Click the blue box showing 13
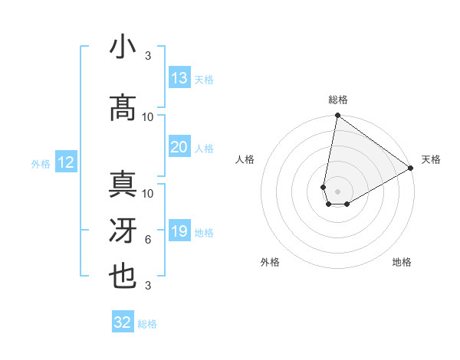[179, 78]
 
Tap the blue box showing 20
[179, 147]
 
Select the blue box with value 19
[179, 231]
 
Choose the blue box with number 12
[66, 162]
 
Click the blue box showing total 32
[123, 322]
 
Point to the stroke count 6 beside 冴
[147, 240]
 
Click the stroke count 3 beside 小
[147, 56]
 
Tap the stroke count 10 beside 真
[147, 193]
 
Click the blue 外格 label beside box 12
[40, 163]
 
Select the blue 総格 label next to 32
[147, 324]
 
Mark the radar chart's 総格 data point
[337, 116]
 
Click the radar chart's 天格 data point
[411, 169]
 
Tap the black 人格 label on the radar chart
[245, 159]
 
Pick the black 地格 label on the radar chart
[402, 262]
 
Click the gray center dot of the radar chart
[337, 190]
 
